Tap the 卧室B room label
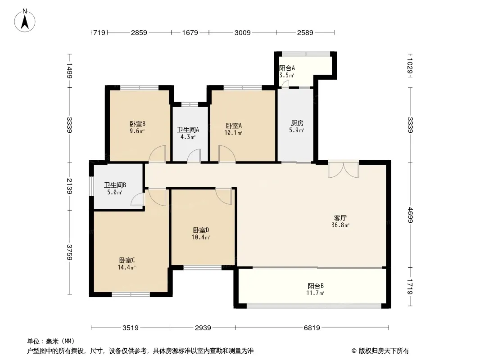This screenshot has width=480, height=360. [x=137, y=127]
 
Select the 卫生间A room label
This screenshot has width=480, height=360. [x=188, y=133]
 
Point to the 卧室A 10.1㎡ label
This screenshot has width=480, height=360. [x=234, y=129]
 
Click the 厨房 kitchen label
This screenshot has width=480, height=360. [x=297, y=126]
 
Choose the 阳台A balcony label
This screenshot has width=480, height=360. [x=287, y=72]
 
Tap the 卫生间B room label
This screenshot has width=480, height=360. [x=115, y=189]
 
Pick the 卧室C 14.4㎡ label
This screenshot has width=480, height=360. [x=127, y=264]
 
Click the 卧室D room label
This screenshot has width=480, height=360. [x=201, y=234]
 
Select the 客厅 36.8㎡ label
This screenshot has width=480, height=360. [x=340, y=221]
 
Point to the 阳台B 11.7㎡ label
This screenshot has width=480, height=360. [x=315, y=289]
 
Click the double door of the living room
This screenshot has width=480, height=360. [x=343, y=170]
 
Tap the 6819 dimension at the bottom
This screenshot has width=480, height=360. [x=312, y=328]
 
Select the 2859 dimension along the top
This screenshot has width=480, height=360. [x=139, y=32]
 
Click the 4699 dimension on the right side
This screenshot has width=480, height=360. [x=410, y=215]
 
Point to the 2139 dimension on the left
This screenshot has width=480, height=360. [x=69, y=186]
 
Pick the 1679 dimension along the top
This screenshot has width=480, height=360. [x=190, y=32]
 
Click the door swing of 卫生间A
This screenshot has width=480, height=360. [x=194, y=155]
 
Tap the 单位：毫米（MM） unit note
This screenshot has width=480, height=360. [x=51, y=341]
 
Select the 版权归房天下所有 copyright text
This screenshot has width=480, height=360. [x=380, y=351]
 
